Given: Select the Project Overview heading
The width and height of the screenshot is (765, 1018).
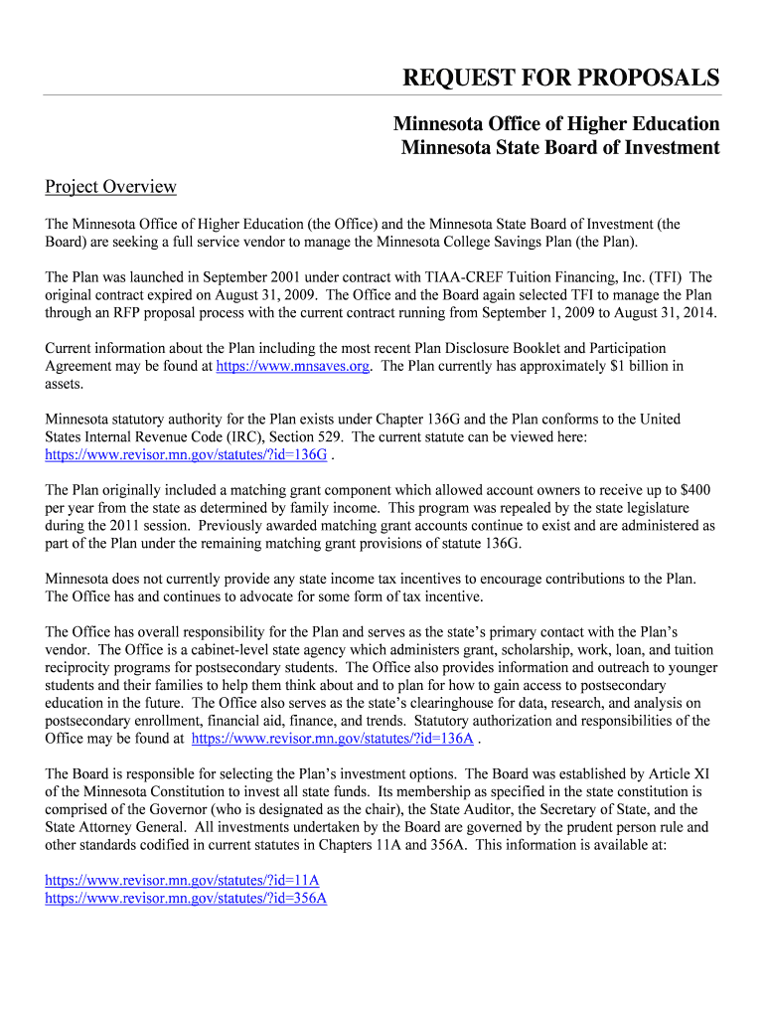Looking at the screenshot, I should pyautogui.click(x=111, y=186).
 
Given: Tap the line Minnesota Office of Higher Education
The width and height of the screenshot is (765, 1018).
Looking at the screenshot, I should pyautogui.click(x=556, y=124).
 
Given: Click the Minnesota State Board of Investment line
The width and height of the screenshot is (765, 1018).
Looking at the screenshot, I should pyautogui.click(x=560, y=147).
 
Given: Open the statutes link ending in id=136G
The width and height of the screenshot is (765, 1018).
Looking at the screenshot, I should pyautogui.click(x=187, y=454).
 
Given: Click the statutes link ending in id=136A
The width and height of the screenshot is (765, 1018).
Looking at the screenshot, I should pyautogui.click(x=332, y=739).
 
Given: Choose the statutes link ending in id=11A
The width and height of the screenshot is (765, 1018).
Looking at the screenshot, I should pyautogui.click(x=183, y=881).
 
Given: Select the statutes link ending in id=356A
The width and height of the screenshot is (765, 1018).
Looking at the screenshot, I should pyautogui.click(x=187, y=899).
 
